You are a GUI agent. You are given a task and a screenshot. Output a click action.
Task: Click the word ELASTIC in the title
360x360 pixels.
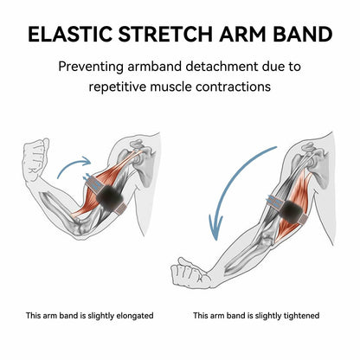tap(70, 34)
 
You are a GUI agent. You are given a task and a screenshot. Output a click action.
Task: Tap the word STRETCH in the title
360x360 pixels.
tap(165, 34)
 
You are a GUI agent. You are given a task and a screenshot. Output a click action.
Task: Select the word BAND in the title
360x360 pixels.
tap(303, 34)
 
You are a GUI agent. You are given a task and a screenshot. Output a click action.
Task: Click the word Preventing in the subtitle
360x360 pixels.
tap(91, 67)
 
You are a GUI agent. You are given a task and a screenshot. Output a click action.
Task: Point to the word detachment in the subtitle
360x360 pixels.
tap(222, 67)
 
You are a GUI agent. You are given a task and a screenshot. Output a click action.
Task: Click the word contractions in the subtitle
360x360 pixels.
tap(233, 87)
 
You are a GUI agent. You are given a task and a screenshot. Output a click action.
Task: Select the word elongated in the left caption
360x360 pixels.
tap(135, 316)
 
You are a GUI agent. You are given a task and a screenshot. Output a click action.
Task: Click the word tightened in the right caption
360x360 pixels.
tap(301, 316)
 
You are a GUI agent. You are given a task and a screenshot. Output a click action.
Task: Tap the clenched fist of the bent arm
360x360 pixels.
tap(35, 158)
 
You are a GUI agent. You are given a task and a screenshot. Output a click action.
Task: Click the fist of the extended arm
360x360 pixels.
tap(188, 273)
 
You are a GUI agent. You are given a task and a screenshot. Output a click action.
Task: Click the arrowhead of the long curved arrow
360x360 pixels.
tap(215, 228)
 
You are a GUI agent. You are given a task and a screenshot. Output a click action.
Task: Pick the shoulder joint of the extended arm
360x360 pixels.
tap(314, 161)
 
